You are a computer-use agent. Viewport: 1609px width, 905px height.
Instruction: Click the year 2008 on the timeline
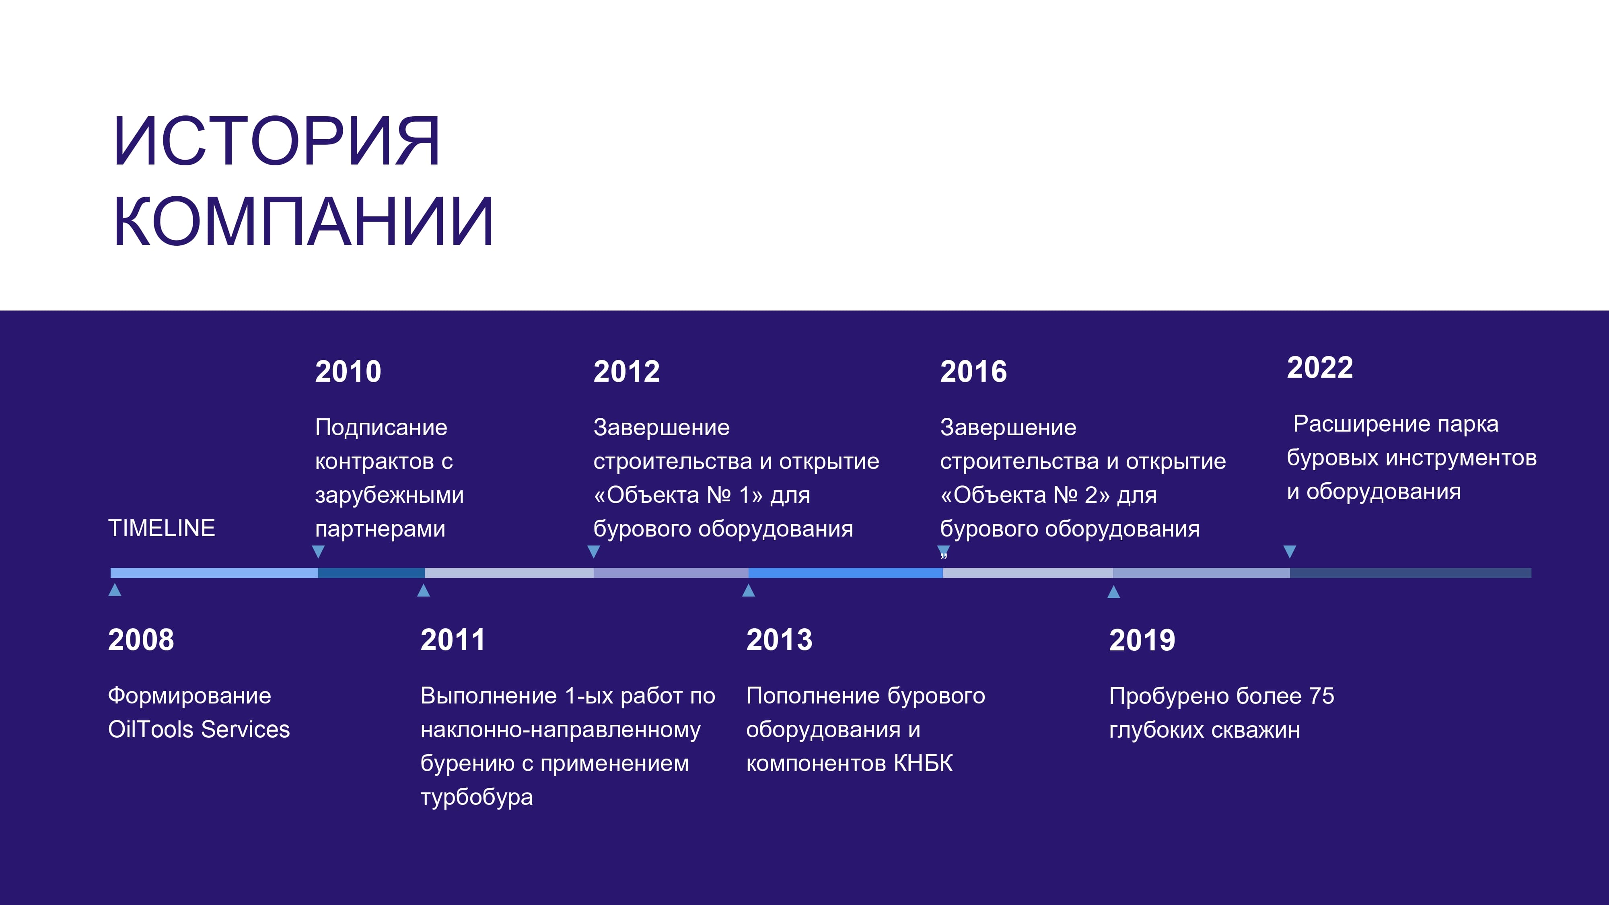(141, 640)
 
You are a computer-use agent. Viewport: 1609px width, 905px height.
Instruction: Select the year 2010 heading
(348, 372)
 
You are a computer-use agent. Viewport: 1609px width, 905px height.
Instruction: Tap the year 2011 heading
(453, 640)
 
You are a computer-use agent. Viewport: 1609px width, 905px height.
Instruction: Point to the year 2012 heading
(626, 372)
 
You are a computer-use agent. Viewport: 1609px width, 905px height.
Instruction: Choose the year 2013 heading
(780, 640)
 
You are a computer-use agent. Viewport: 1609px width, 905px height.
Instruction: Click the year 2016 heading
(974, 372)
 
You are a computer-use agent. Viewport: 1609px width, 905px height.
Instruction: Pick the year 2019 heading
(1142, 640)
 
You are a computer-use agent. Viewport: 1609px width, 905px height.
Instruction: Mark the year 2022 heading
(1320, 367)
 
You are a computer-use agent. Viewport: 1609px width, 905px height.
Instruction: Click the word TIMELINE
(161, 529)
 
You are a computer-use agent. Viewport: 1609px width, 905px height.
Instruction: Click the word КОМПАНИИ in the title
(304, 222)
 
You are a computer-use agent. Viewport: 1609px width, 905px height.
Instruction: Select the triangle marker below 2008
(115, 590)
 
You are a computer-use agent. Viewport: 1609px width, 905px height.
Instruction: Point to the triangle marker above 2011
(424, 590)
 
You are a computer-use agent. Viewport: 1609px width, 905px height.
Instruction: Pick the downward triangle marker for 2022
(1290, 551)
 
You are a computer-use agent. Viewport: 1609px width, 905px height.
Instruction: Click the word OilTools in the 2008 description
(150, 730)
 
